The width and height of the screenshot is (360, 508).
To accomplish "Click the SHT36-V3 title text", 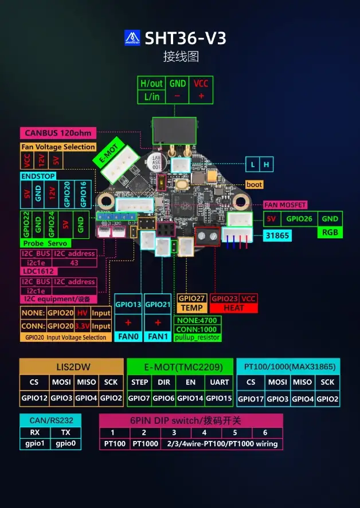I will click(185, 38).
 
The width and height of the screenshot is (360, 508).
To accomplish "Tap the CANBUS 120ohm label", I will click(58, 133).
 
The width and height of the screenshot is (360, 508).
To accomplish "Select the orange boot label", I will click(254, 184).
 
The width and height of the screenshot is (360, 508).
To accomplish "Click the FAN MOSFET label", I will click(285, 204).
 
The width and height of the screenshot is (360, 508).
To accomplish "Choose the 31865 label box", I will click(278, 235).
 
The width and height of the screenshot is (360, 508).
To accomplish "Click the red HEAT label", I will click(233, 308).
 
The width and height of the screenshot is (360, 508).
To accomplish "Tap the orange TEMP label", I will click(191, 308).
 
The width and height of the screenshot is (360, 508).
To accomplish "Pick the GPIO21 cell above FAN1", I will click(157, 304).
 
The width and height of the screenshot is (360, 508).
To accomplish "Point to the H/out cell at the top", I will click(152, 83).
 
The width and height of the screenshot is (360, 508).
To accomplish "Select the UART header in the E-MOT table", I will click(220, 382).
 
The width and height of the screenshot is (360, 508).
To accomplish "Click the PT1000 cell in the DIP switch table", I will click(144, 443).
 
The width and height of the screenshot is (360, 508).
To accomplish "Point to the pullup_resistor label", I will click(197, 337).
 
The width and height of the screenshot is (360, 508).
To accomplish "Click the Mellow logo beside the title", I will click(132, 38).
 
